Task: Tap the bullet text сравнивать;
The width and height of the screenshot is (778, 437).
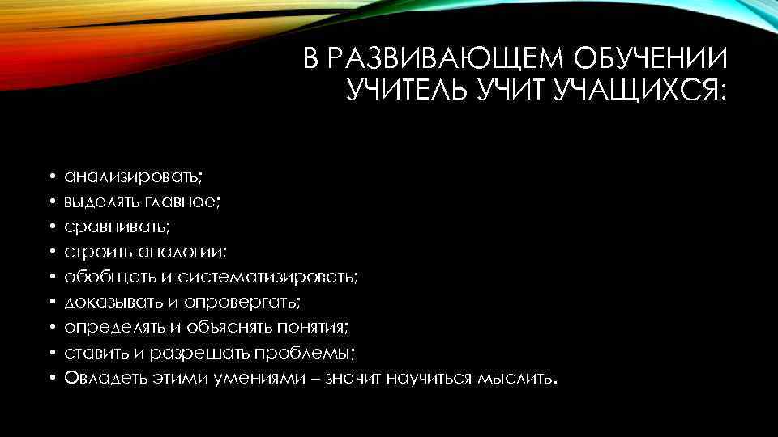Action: click(x=118, y=226)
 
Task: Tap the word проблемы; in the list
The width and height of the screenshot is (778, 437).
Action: click(x=305, y=352)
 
